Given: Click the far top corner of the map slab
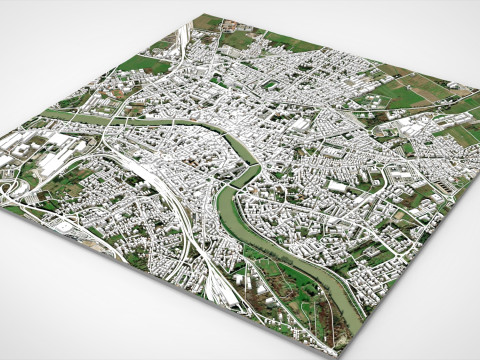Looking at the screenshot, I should (x=197, y=15).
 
